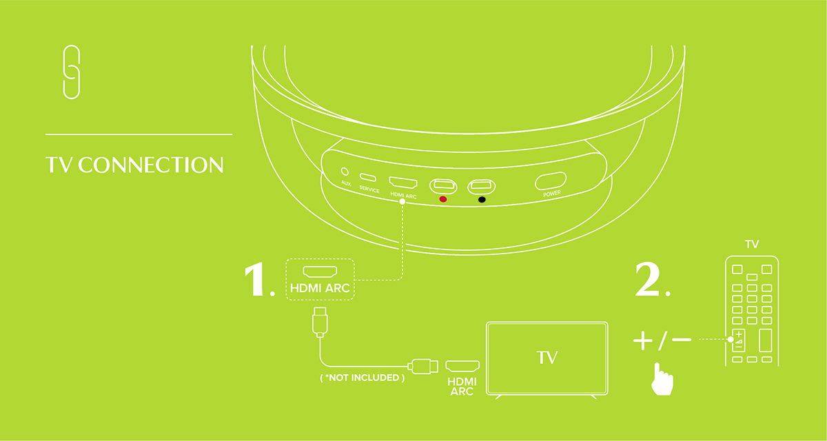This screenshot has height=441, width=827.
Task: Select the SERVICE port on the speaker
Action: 369,177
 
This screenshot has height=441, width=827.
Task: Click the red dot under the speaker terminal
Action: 442,199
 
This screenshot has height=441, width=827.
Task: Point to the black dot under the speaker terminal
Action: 482,200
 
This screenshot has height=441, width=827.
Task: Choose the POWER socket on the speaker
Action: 551,182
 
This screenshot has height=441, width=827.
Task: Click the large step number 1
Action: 258,279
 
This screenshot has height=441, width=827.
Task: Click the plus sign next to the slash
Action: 642,340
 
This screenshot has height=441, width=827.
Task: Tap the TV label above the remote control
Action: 752,244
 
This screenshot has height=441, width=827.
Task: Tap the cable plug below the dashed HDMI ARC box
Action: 319,322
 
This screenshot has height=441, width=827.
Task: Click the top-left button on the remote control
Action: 736,267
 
